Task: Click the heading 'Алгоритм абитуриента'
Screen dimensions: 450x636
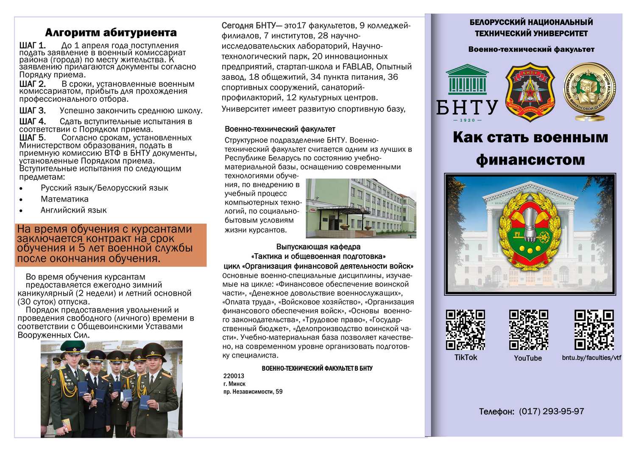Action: coord(111,33)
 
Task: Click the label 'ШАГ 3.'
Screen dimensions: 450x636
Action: coord(32,111)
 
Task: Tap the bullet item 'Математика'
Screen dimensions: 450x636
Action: coord(64,199)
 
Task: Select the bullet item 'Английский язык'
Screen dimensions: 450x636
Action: coord(73,210)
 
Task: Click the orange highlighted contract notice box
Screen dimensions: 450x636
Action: coord(111,245)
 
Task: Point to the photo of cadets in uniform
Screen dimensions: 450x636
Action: coord(112,389)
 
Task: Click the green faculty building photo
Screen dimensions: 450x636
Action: coord(361,208)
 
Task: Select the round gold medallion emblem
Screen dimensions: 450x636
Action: coord(589,91)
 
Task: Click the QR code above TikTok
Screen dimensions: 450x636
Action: coord(465,330)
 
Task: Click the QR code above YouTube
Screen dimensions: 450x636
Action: coord(528,330)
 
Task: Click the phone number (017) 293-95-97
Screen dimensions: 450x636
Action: coord(551,411)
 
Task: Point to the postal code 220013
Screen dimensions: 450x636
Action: coord(234,376)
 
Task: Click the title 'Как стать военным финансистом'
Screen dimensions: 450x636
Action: coord(530,148)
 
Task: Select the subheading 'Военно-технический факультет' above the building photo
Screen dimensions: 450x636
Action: coord(280,129)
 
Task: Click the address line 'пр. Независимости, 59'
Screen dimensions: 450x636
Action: coord(253,391)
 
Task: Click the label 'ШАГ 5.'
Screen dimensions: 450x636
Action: coord(32,137)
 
